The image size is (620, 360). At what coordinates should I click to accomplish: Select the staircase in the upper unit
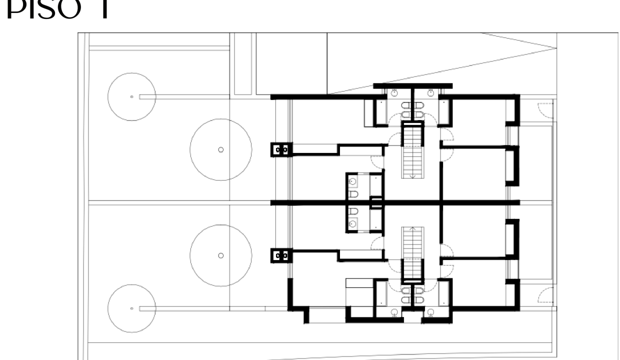click(x=413, y=150)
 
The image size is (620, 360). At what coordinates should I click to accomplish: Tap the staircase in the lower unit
click(x=413, y=252)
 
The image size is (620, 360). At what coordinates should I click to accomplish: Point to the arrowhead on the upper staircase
click(x=413, y=176)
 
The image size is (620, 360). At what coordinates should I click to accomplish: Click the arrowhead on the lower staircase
click(x=413, y=228)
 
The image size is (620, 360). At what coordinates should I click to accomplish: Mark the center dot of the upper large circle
click(x=220, y=149)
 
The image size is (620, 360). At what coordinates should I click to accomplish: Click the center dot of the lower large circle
click(x=220, y=255)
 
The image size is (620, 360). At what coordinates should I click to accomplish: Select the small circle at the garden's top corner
click(x=131, y=96)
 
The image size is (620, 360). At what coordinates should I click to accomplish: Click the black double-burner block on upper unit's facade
click(x=281, y=149)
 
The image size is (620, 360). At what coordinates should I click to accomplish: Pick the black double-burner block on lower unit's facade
click(x=281, y=256)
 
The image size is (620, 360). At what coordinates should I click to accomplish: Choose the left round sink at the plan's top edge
click(x=394, y=92)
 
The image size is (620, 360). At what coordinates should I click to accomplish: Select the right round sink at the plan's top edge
click(x=431, y=92)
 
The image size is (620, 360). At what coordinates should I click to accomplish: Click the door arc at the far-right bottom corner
click(x=545, y=297)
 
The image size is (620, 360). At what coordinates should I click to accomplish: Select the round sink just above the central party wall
click(x=353, y=181)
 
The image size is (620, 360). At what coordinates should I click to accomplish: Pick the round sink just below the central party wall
click(x=353, y=223)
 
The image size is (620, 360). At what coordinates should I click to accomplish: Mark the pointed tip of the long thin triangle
click(x=556, y=48)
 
